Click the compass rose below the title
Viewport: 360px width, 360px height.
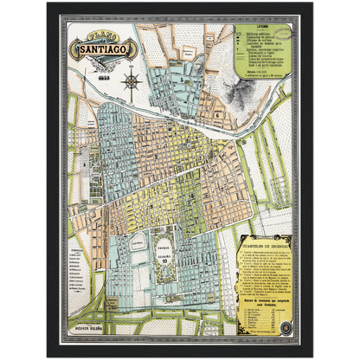pyautogui.click(x=132, y=83)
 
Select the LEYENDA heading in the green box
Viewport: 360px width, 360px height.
pyautogui.click(x=255, y=36)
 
